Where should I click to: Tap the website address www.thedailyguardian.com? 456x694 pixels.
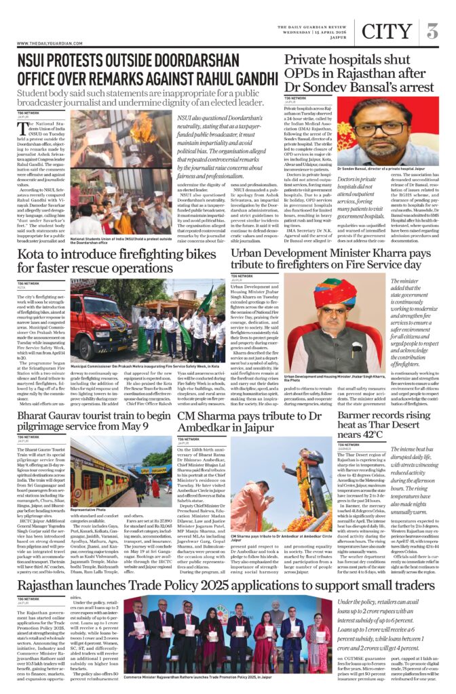tap(46, 44)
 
